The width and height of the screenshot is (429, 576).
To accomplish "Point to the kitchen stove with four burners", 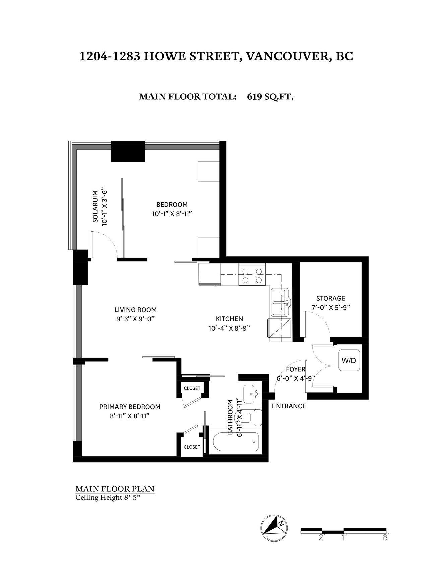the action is click(250, 275).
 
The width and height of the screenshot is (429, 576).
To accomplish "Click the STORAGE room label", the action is click(331, 298).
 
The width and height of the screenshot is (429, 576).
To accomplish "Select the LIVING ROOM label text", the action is click(135, 310).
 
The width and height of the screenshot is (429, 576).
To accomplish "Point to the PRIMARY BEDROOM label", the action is click(130, 407).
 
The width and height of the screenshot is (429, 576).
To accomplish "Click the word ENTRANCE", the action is click(289, 406).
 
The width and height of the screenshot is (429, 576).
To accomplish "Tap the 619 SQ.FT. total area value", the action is click(270, 97).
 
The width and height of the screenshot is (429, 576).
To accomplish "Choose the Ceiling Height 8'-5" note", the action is click(108, 497).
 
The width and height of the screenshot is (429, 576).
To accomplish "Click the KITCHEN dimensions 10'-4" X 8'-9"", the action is click(229, 328).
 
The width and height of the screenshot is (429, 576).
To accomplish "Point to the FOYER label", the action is click(296, 369).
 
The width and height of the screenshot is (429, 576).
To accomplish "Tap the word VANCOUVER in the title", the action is click(286, 56).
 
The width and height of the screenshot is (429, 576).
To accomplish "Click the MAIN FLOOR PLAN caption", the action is click(115, 489).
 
